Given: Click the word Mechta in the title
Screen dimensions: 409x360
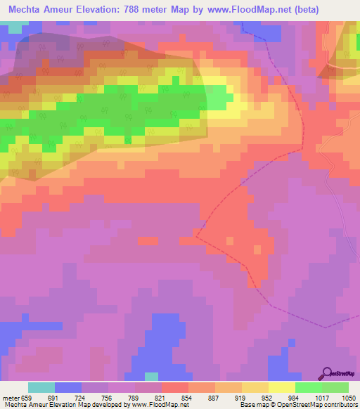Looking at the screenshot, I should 28,10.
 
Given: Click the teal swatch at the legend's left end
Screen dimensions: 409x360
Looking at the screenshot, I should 41,387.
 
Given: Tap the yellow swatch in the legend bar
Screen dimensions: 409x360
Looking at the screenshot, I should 281,387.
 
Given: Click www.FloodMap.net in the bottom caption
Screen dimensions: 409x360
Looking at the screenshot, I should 155,405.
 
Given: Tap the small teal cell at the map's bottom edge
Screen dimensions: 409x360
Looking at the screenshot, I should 151,377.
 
